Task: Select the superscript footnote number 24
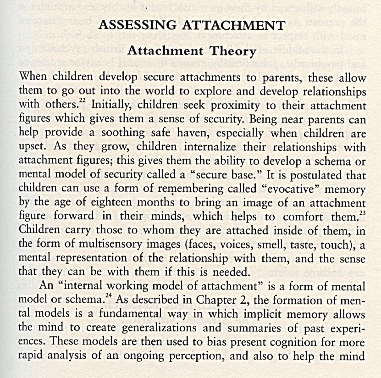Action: [108, 296]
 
